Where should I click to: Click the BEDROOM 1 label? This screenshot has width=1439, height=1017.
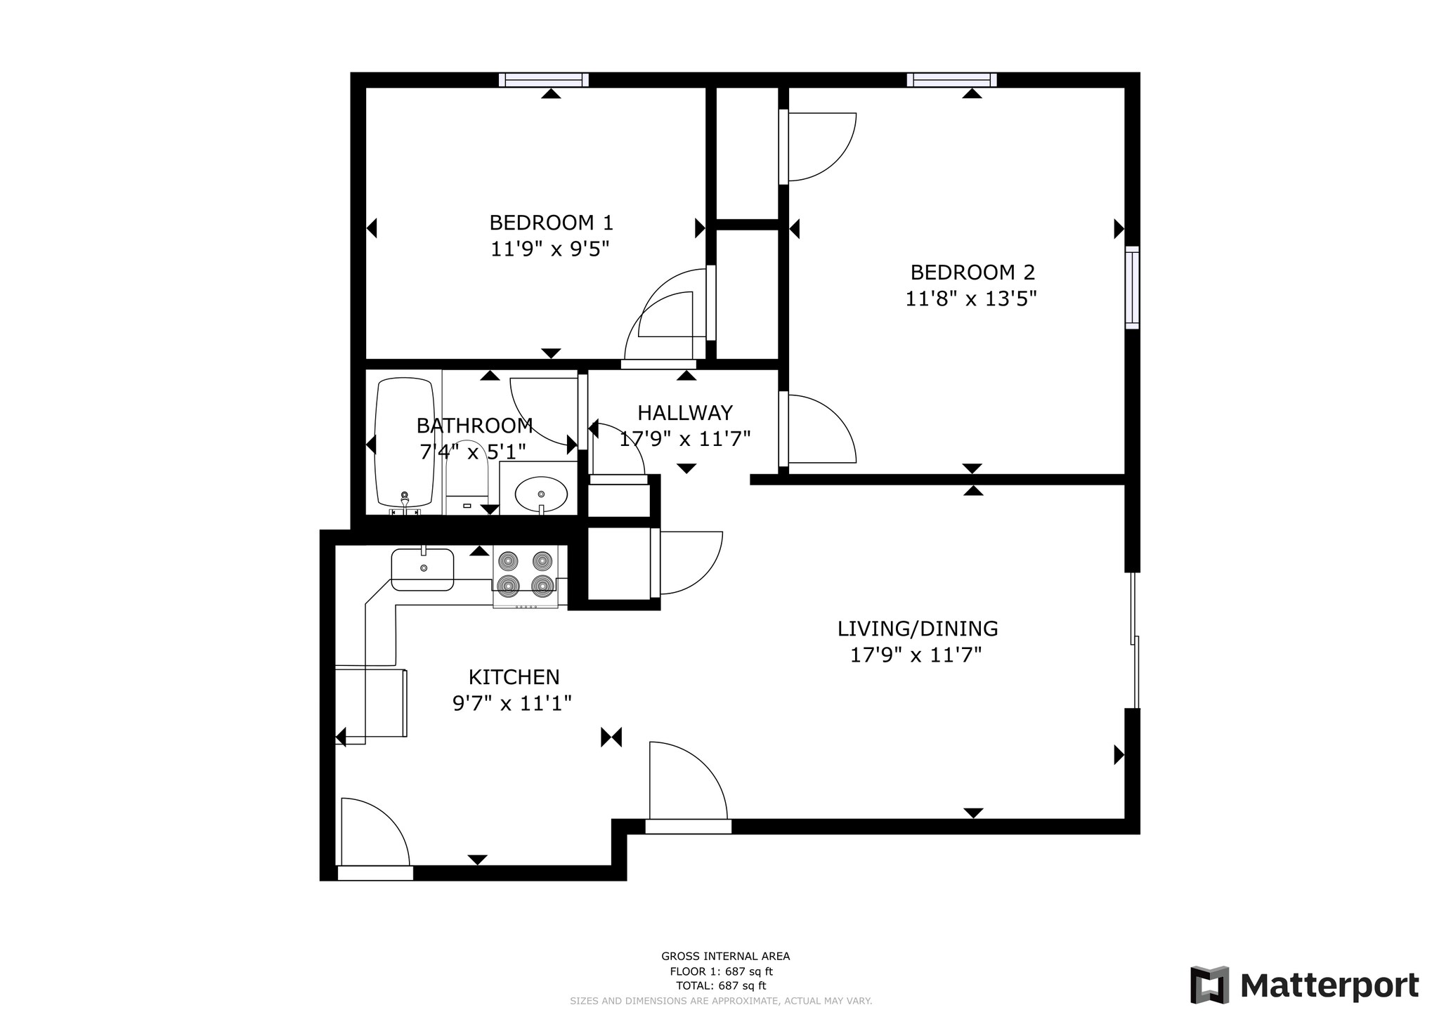coord(551,223)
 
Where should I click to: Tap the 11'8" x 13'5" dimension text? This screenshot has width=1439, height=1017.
coord(971,299)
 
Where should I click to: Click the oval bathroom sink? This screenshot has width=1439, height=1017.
coord(540,494)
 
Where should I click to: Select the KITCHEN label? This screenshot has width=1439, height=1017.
coord(514,677)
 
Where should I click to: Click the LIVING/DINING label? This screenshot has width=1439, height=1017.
coord(917,629)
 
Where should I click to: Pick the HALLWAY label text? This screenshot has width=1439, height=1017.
coord(684,412)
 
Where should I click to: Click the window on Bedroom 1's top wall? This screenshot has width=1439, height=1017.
coord(543,80)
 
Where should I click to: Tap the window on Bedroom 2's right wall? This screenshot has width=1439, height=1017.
coord(1132,287)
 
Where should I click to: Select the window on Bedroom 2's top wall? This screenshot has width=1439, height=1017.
coord(951,80)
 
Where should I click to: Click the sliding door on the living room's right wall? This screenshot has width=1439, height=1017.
coord(1134,641)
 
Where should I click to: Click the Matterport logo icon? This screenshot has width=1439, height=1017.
coord(1209,985)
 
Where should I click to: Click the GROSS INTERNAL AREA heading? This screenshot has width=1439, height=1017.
coord(725,956)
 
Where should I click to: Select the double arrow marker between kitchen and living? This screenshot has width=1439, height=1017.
coord(611,737)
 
